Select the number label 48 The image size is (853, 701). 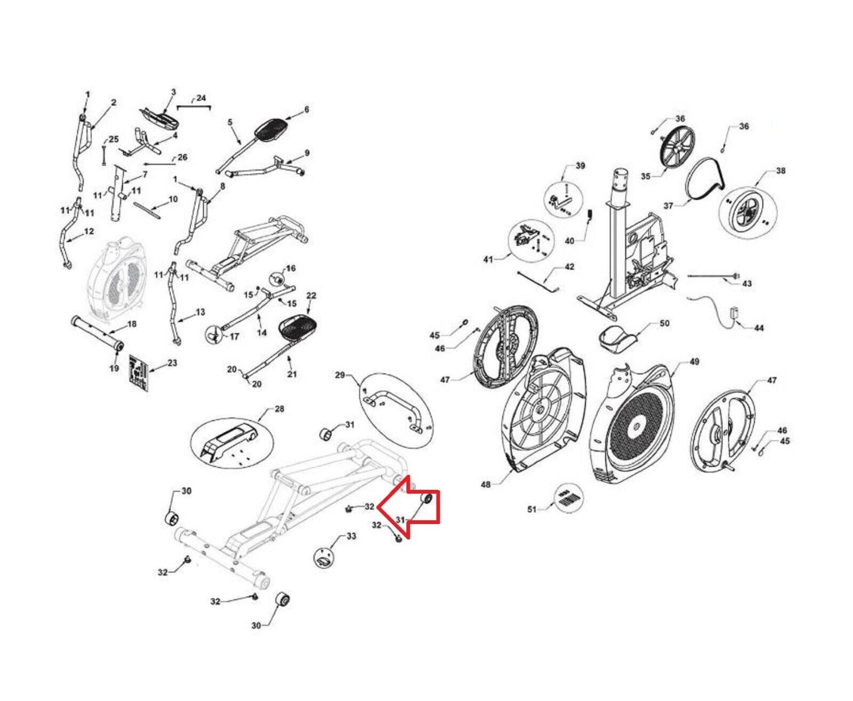coord(486,485)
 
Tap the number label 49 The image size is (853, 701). coord(694,362)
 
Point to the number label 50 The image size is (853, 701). coord(664,323)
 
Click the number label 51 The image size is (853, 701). coord(532,510)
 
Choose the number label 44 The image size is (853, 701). coord(759,328)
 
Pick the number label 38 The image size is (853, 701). coord(780,171)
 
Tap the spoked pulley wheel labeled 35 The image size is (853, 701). coord(675,150)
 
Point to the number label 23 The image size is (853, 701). coord(172,363)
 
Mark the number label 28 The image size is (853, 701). coord(279,409)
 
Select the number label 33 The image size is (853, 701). coord(351,536)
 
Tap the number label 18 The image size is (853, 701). coord(132,324)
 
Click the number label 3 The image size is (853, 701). coord(173,92)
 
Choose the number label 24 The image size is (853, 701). coord(200,98)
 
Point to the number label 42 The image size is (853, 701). coord(569,267)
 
